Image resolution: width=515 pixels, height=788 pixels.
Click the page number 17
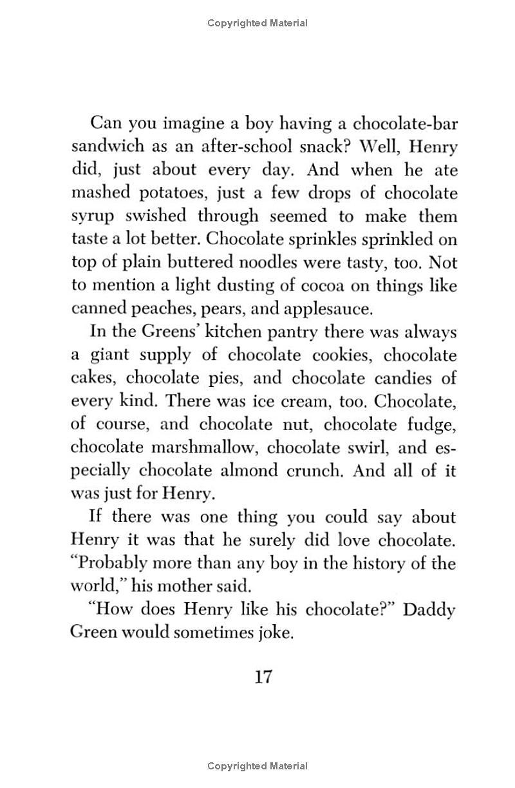(264, 677)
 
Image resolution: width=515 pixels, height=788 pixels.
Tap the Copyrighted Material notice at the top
(257, 23)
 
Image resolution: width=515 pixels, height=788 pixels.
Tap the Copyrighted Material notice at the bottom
(257, 766)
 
